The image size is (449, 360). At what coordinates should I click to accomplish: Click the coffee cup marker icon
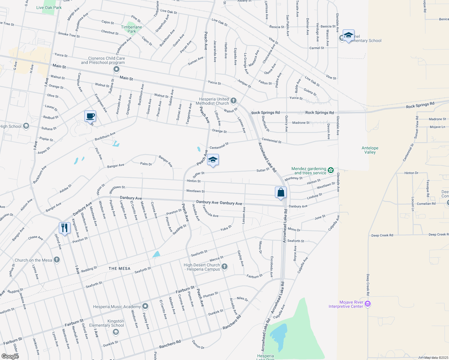[90, 116]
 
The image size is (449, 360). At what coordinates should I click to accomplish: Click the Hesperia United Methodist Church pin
[234, 100]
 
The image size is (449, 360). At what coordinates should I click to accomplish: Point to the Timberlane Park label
[131, 29]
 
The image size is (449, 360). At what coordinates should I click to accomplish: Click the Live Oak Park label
[49, 7]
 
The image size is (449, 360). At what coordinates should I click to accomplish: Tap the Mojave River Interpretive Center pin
[368, 304]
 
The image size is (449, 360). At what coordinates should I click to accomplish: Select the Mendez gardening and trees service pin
[330, 170]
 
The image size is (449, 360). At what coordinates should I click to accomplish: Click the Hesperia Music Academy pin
[145, 306]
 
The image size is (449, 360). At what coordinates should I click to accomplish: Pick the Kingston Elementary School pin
[116, 332]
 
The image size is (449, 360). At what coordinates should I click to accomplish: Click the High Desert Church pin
[224, 266]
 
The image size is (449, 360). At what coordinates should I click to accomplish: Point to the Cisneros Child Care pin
[116, 70]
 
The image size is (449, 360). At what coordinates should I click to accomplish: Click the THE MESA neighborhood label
[119, 268]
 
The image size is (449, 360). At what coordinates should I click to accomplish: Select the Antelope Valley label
[370, 150]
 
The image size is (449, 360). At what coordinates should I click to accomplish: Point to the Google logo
[10, 356]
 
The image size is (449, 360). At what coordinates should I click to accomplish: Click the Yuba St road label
[226, 228]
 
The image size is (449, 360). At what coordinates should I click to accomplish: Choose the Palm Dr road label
[146, 164]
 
